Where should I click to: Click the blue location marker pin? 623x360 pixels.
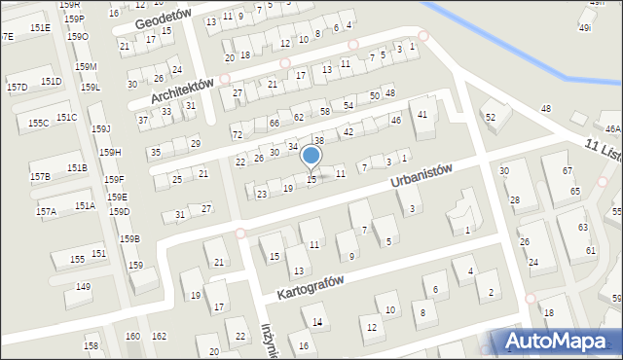(311, 156)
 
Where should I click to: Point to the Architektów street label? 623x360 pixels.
(182, 89)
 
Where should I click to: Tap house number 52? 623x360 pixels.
(491, 117)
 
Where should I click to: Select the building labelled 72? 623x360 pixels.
(237, 133)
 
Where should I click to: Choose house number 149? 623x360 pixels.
(84, 286)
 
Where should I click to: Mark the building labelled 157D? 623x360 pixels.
(17, 87)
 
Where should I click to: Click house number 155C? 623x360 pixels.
(38, 123)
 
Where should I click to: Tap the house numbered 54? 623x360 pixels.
(348, 105)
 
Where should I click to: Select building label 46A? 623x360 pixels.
(611, 128)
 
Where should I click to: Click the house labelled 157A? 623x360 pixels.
(45, 210)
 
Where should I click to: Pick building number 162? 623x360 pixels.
(159, 336)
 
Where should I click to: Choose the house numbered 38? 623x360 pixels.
(318, 141)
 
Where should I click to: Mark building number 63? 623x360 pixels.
(582, 227)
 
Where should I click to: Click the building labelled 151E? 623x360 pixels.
(39, 27)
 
